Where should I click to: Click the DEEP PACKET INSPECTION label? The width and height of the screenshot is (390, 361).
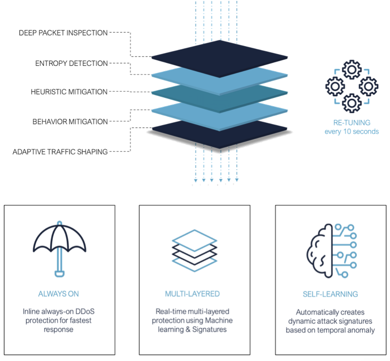(63, 33)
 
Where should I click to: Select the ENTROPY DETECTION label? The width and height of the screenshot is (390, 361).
(72, 64)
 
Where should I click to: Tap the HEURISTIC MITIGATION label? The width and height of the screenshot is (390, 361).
(69, 92)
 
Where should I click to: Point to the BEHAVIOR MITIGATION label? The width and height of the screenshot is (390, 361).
(70, 122)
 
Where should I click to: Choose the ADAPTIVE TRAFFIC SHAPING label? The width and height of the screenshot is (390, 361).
(60, 152)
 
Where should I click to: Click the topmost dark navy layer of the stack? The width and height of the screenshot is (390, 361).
(220, 59)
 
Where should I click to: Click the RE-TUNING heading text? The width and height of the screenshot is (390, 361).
(352, 123)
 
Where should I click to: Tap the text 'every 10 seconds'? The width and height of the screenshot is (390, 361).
(352, 131)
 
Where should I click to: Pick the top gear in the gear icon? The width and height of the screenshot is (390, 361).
(352, 70)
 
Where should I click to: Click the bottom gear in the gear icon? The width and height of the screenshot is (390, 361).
(352, 103)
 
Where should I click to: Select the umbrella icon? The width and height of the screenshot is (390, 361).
(59, 249)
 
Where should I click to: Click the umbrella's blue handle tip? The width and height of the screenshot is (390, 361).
(59, 274)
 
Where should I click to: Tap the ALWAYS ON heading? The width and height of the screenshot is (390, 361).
(58, 294)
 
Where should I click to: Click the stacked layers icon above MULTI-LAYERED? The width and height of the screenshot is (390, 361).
(195, 251)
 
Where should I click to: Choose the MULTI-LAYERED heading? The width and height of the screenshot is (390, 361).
(192, 294)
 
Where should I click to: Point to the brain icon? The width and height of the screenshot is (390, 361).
(332, 251)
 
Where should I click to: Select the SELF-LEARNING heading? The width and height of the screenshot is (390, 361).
(330, 294)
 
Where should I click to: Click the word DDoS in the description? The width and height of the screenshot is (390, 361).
(85, 311)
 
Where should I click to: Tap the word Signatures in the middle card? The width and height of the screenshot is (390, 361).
(209, 330)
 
